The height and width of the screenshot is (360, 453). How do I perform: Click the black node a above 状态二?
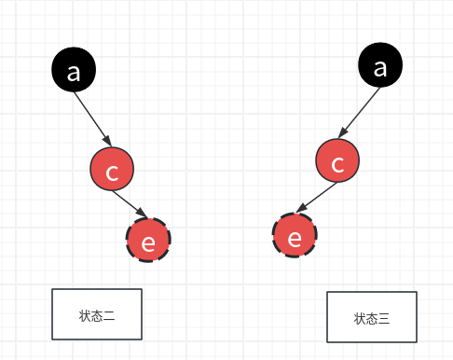pyautogui.click(x=75, y=71)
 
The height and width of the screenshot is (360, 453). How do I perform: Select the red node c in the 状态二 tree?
pyautogui.click(x=113, y=171)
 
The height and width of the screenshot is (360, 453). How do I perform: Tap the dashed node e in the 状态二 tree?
pyautogui.click(x=149, y=241)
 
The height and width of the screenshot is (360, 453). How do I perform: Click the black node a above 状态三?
pyautogui.click(x=379, y=67)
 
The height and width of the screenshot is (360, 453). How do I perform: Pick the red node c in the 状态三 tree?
pyautogui.click(x=338, y=163)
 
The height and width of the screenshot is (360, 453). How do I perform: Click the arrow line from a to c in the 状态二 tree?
pyautogui.click(x=94, y=120)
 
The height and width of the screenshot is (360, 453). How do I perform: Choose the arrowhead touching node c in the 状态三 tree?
pyautogui.click(x=346, y=137)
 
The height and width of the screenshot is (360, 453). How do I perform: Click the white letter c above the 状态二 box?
pyautogui.click(x=113, y=172)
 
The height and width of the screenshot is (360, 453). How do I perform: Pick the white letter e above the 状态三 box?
pyautogui.click(x=295, y=237)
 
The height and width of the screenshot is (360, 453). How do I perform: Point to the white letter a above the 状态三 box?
pyautogui.click(x=379, y=67)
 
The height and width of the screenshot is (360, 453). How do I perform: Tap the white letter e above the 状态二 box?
pyautogui.click(x=149, y=242)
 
